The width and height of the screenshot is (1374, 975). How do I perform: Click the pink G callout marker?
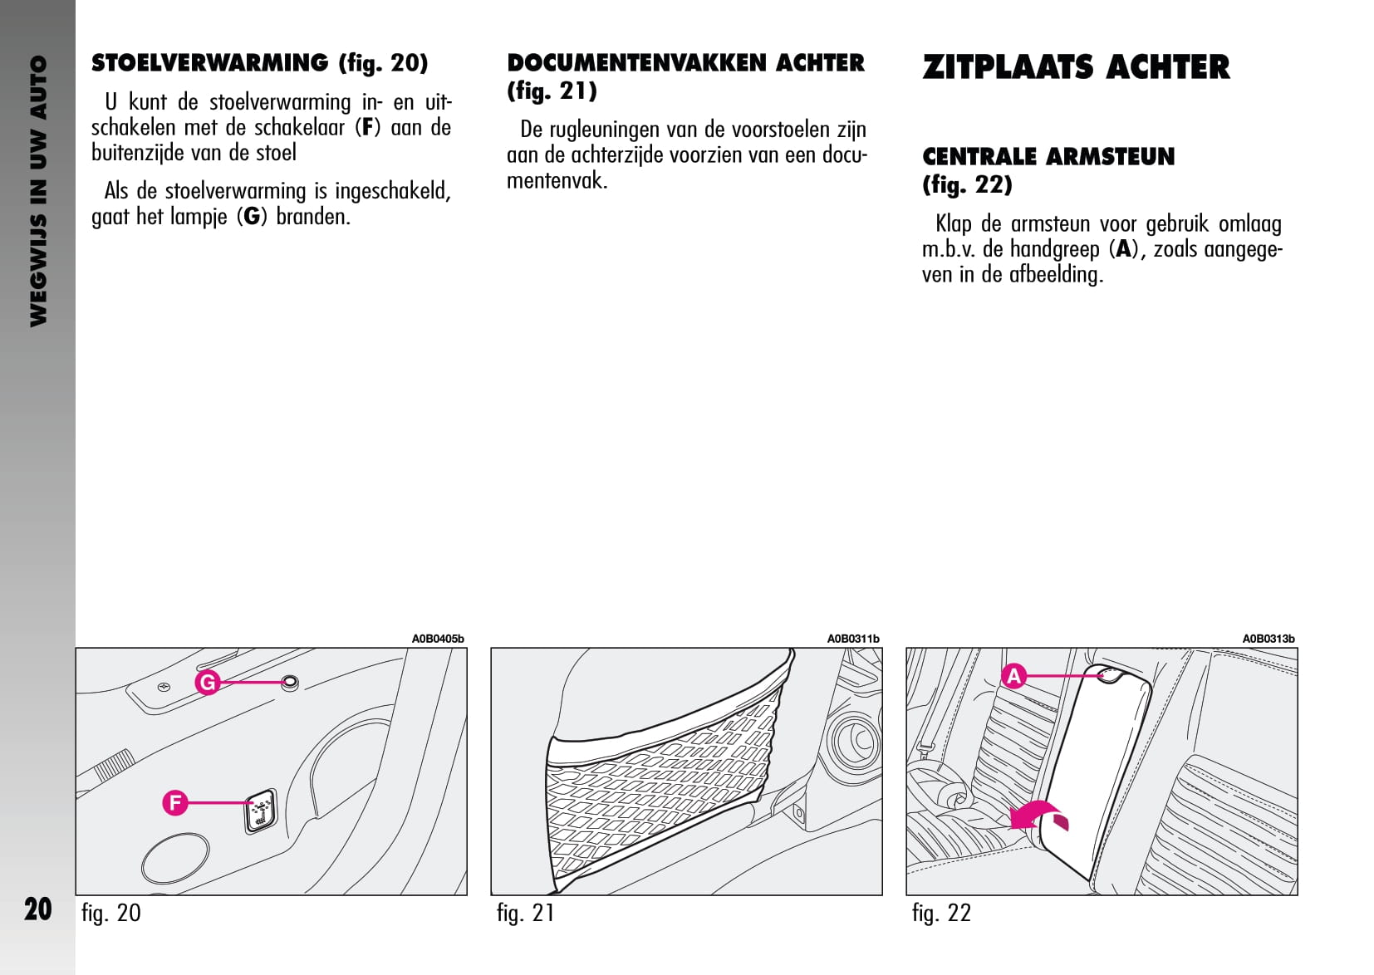208,683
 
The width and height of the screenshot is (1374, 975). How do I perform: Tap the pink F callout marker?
175,803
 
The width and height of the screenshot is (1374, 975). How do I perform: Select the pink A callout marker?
1013,676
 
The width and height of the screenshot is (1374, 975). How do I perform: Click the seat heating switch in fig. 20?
260,811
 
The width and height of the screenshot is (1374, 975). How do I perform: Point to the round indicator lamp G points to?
289,683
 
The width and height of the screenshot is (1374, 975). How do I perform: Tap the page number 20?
38,909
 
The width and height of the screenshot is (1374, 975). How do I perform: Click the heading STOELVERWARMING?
209,63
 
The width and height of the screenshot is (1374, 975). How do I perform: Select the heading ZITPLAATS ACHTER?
1076,67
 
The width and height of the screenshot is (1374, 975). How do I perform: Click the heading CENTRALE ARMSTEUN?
1048,157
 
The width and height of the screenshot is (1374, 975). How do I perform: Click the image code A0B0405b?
438,639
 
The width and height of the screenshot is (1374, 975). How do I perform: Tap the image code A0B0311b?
853,639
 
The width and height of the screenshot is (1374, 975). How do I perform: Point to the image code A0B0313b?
1268,639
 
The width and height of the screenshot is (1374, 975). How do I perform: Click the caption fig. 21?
525,914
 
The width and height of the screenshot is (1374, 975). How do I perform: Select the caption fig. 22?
941,914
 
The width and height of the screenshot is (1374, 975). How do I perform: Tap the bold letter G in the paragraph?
251,217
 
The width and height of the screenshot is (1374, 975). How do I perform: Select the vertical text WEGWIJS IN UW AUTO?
38,191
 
